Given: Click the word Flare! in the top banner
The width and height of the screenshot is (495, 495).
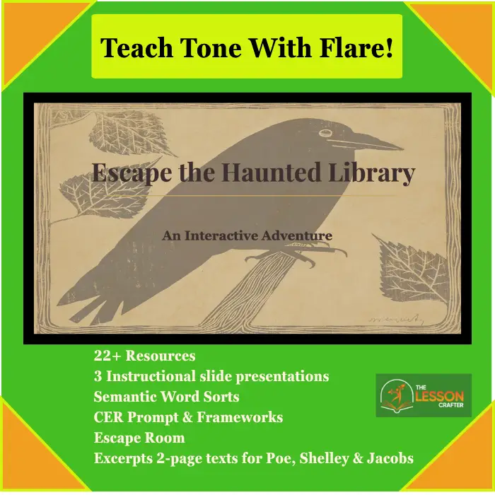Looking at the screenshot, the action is [356, 47].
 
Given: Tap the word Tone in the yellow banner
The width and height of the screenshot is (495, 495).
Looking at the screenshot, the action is [211, 47].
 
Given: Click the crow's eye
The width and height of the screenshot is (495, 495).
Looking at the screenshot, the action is [325, 133].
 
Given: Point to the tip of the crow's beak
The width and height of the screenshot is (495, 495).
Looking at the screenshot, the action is [403, 148].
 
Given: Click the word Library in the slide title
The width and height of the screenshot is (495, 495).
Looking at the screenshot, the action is [371, 173].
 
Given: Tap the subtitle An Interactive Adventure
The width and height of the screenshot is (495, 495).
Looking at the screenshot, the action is [248, 235].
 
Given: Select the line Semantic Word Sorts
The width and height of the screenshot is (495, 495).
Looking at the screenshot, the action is [166, 397].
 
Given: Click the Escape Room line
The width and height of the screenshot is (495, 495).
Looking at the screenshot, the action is [139, 438].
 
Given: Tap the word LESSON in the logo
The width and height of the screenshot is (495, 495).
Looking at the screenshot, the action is [440, 396].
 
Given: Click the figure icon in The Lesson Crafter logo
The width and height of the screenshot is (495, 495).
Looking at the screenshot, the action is [397, 395].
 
